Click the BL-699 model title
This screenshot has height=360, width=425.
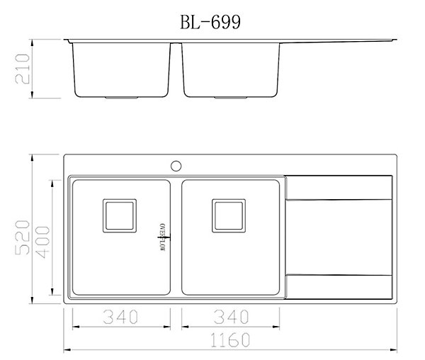point(210,22)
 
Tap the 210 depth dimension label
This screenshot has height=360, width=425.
point(22,69)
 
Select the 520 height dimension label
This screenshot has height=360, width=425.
point(22,237)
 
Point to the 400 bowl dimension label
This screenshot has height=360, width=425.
point(42,242)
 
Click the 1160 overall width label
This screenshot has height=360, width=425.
point(230,340)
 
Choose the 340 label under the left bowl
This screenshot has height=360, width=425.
point(120,317)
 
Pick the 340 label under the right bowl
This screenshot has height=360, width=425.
point(231,317)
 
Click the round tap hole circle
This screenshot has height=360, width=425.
point(176,166)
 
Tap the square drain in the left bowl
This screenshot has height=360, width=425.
point(120,215)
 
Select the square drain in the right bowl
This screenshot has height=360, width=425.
point(229,215)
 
